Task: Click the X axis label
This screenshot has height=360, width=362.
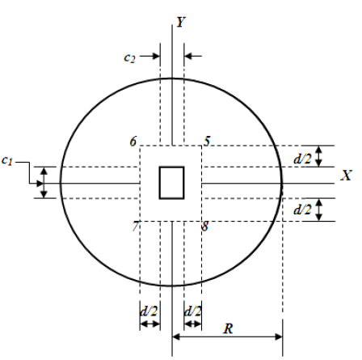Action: pos(345,176)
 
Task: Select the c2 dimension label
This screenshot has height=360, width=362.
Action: pos(129,57)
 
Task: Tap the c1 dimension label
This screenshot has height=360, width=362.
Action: pos(8,162)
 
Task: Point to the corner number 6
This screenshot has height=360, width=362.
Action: pos(133,142)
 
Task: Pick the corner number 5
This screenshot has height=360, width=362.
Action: pos(208,142)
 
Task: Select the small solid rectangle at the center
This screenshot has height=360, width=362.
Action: pos(171,182)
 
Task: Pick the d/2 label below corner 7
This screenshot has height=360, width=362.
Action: pos(149,310)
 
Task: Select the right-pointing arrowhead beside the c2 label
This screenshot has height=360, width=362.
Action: pos(156,57)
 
